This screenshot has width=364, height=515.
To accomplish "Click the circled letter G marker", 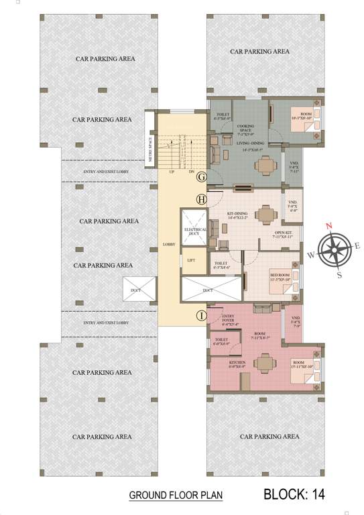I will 200,176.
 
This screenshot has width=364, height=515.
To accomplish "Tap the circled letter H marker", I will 200,199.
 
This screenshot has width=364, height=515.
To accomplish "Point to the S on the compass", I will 339,274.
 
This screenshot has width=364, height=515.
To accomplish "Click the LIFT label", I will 191,260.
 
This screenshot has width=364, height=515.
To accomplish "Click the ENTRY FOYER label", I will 230,318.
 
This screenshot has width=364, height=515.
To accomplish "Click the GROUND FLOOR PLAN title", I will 176,496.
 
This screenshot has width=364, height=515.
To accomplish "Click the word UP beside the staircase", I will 171,172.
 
